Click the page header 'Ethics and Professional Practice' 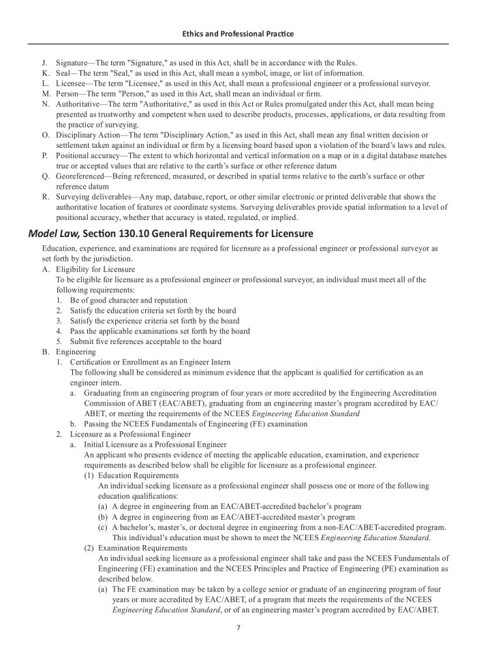click(238, 33)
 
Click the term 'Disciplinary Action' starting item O click(91, 135)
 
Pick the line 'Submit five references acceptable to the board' click(146, 341)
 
